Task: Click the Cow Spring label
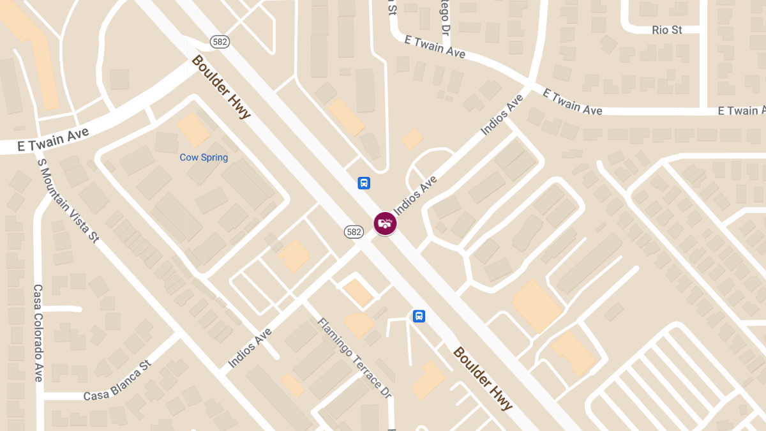click(x=204, y=157)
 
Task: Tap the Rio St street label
click(x=667, y=30)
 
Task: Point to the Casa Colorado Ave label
click(x=38, y=333)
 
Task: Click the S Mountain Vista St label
click(x=68, y=200)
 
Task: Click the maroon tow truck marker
click(x=385, y=223)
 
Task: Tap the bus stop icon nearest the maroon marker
click(x=363, y=183)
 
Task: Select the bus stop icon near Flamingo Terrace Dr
click(x=419, y=315)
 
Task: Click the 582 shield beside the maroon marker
click(x=354, y=232)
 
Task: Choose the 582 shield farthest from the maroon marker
click(x=220, y=42)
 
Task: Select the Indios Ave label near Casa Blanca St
click(x=250, y=348)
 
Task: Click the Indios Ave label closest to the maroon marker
click(x=416, y=194)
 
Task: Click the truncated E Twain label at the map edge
click(x=741, y=111)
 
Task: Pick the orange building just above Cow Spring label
click(x=193, y=129)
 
